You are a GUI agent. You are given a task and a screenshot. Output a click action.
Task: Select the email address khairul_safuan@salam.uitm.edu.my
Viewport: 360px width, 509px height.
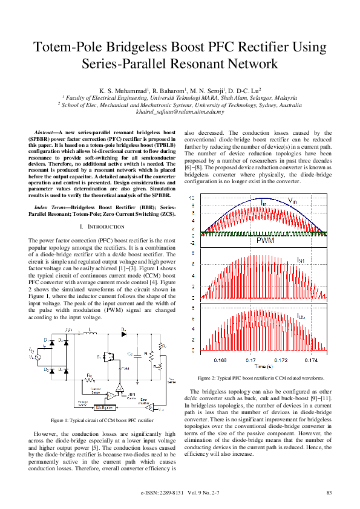pos(180,111)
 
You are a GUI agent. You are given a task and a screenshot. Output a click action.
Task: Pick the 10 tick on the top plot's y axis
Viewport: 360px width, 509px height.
pos(192,198)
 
